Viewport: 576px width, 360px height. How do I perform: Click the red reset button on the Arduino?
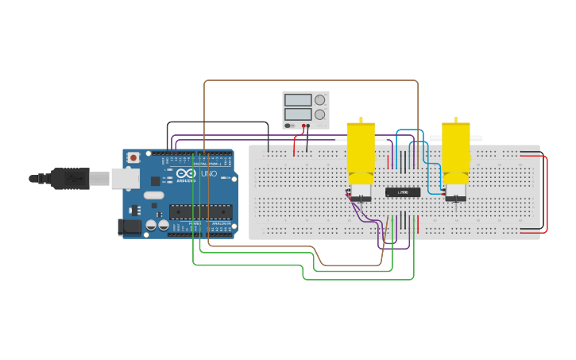tap(133, 157)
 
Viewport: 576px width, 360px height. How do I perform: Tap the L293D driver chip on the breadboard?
tap(403, 192)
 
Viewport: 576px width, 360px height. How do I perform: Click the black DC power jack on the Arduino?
tap(129, 227)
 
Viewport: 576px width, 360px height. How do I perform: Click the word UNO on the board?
tap(208, 173)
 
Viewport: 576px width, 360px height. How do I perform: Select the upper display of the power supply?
tap(298, 100)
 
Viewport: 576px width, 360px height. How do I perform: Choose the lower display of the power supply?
tap(298, 114)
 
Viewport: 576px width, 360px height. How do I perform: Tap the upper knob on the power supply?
tap(320, 100)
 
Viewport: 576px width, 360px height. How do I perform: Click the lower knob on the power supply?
tap(320, 114)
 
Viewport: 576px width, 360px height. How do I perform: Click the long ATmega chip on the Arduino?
tap(200, 211)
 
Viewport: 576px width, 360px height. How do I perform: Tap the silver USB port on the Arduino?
tap(125, 179)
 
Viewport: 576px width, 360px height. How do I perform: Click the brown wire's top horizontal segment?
tap(310, 80)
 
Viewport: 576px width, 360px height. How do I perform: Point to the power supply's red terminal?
tap(303, 126)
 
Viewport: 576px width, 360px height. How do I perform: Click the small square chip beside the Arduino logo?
tap(156, 181)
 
